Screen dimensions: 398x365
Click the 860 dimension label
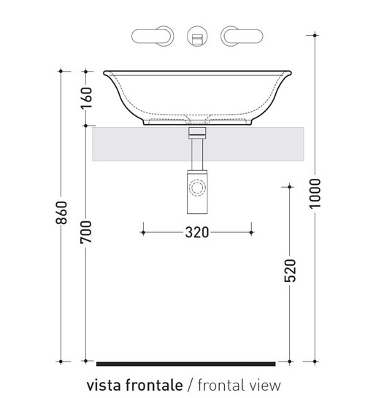62,213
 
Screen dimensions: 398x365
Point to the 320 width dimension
197,232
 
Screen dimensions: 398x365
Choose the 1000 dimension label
316,194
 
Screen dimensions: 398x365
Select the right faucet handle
242,36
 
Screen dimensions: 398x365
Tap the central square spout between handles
196,37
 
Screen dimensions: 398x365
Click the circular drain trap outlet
197,188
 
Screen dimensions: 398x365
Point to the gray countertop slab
131,144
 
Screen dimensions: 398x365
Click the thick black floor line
185,363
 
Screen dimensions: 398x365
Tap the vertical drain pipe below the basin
196,153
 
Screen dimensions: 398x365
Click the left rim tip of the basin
104,72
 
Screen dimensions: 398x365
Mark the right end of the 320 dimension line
253,232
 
